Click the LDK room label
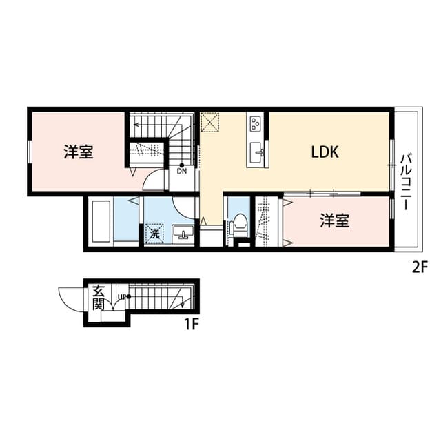325,152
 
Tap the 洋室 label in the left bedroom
79,152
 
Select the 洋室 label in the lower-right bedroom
335,220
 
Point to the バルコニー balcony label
406,182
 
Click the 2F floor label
420,267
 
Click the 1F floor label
192,325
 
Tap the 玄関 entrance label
99,297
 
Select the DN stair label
182,171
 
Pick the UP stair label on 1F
122,296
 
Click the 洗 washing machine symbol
154,233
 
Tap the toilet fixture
238,225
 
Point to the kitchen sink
257,152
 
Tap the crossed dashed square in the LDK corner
209,122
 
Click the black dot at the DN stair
182,165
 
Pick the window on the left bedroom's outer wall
29,152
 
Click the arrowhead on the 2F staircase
136,124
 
